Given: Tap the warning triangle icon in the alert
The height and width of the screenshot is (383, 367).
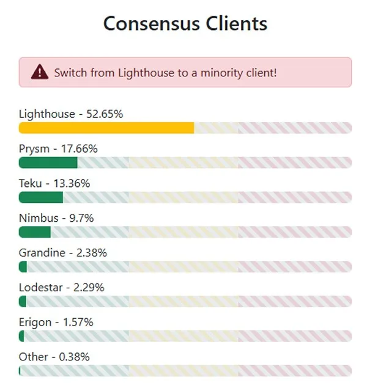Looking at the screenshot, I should point(39,72).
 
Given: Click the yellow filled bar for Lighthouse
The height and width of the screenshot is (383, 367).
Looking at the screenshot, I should point(106,128).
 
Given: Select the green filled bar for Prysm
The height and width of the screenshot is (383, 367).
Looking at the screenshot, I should point(48,162).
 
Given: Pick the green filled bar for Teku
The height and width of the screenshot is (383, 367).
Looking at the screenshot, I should point(41,197).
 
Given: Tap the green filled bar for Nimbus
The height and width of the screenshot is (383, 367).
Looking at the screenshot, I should point(35,232).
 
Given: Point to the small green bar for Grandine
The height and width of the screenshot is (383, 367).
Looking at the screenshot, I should point(23,267).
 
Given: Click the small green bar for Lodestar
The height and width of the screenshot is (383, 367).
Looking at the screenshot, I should point(23,302).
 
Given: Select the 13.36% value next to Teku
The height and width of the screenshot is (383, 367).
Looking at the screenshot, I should point(72,183).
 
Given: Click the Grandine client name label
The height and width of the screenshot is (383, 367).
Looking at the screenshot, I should point(42,253).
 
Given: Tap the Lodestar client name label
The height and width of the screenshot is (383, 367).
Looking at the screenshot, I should point(41,288).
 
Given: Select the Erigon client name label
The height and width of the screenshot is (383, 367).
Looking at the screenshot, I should point(35,323).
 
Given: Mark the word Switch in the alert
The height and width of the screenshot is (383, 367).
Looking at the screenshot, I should point(69,73).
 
